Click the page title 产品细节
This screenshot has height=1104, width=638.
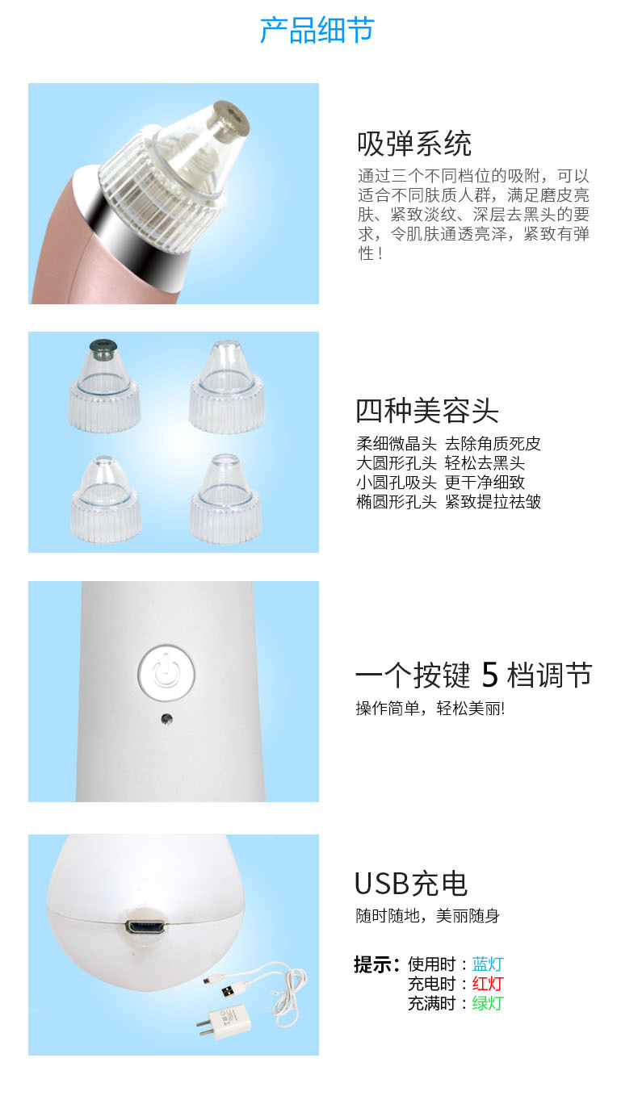pyautogui.click(x=317, y=31)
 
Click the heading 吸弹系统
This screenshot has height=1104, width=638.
pyautogui.click(x=414, y=144)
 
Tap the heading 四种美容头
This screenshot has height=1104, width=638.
pyautogui.click(x=427, y=411)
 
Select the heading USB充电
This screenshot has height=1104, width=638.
pyautogui.click(x=411, y=883)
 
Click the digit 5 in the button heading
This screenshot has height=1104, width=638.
pyautogui.click(x=489, y=675)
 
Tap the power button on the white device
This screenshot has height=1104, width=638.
pyautogui.click(x=166, y=670)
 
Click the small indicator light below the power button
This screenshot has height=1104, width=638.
pyautogui.click(x=166, y=719)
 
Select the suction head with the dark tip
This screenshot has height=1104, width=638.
pyautogui.click(x=104, y=386)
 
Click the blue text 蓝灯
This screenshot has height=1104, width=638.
pyautogui.click(x=488, y=964)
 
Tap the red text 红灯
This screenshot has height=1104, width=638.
pyautogui.click(x=488, y=984)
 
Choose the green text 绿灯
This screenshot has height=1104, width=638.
pyautogui.click(x=488, y=1003)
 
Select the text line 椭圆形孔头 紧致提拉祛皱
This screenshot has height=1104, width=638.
pyautogui.click(x=449, y=502)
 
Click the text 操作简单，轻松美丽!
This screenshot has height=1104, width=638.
pyautogui.click(x=430, y=709)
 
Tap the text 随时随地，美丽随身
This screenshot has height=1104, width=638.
pyautogui.click(x=427, y=916)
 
